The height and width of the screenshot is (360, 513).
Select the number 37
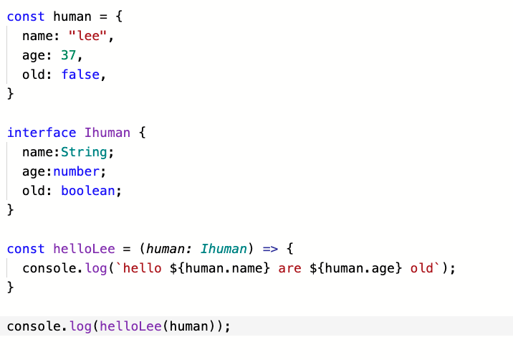[73, 55]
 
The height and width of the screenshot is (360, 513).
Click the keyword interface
[42, 133]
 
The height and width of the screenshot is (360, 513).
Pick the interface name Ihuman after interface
[107, 133]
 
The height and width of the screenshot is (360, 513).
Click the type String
[85, 152]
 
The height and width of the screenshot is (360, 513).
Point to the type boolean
[89, 191]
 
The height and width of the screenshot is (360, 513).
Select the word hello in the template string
[143, 268]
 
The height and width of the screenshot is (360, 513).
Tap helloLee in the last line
[130, 326]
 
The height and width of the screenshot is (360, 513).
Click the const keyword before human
[26, 16]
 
